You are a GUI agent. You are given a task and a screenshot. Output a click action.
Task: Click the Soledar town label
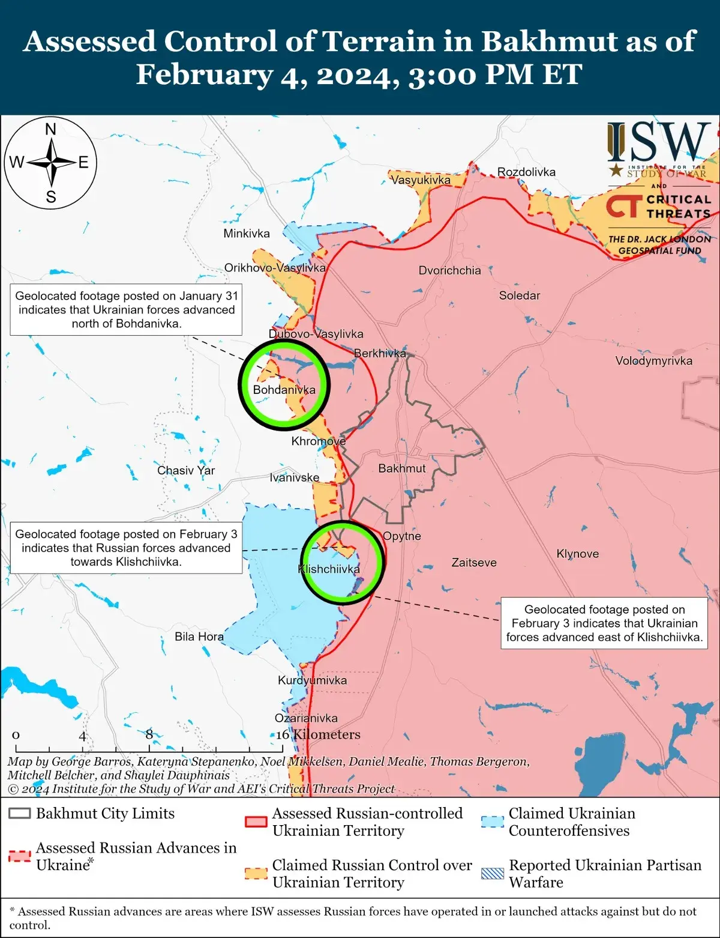coord(519,295)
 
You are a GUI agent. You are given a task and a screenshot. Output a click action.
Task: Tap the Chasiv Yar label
coord(186,470)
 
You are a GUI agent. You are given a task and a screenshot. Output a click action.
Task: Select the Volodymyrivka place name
coord(653,361)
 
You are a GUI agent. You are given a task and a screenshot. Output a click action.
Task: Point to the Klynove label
coord(577,554)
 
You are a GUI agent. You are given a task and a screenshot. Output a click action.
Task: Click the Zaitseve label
coord(474,563)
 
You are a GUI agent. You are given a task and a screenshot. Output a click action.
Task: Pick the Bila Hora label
coord(199,637)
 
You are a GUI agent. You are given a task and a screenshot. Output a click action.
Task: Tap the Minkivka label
coord(247,234)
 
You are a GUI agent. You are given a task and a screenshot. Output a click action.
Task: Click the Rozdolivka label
coord(526,172)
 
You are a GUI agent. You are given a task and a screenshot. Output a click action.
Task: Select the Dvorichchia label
coord(449,271)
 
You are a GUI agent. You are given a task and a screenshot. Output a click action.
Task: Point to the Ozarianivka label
coord(306,718)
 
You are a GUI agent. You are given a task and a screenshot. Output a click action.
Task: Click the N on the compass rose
coord(51,129)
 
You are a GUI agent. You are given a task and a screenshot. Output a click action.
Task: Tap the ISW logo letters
coord(659,142)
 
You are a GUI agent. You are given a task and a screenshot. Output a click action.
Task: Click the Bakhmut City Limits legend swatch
coord(20,814)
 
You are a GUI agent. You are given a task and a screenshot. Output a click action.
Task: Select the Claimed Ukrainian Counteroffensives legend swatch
coord(493,822)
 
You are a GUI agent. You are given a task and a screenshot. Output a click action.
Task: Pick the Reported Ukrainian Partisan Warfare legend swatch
coord(493,874)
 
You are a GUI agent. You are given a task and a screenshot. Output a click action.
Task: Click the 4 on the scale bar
coord(82,736)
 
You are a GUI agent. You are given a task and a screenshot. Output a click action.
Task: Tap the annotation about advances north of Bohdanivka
coord(126,310)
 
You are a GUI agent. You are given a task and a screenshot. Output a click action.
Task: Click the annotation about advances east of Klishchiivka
coord(604,623)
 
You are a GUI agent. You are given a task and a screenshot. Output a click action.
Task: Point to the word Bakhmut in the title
coord(541,42)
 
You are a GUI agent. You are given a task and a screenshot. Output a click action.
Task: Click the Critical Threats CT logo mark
coord(623,206)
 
